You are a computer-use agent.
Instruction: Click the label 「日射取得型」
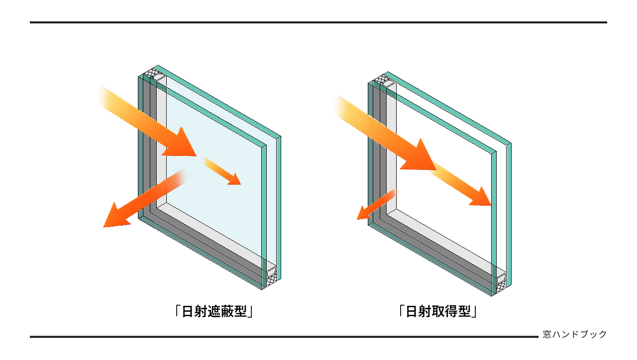click(x=438, y=312)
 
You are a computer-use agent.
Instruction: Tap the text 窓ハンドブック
click(x=575, y=335)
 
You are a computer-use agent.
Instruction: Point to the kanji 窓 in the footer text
click(x=547, y=335)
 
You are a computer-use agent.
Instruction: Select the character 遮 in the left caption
click(x=214, y=312)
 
